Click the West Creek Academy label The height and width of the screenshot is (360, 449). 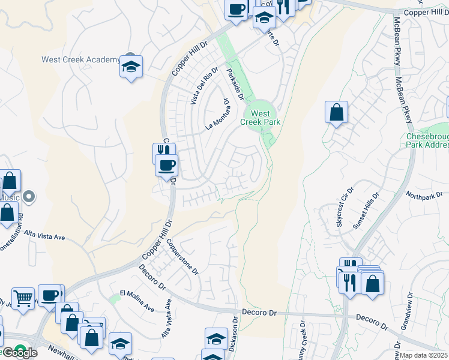[80, 59]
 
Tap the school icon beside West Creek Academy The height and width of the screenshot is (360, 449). [130, 67]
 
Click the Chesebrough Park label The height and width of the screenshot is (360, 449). [427, 140]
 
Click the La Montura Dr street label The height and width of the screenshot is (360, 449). [218, 115]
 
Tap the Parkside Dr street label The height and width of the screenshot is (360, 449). [235, 84]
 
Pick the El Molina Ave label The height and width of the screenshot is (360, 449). [137, 301]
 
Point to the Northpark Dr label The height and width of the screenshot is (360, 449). [424, 195]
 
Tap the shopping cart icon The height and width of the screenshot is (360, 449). [23, 298]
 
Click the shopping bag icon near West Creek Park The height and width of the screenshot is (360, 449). [337, 112]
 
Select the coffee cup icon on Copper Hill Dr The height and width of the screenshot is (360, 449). [166, 164]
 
